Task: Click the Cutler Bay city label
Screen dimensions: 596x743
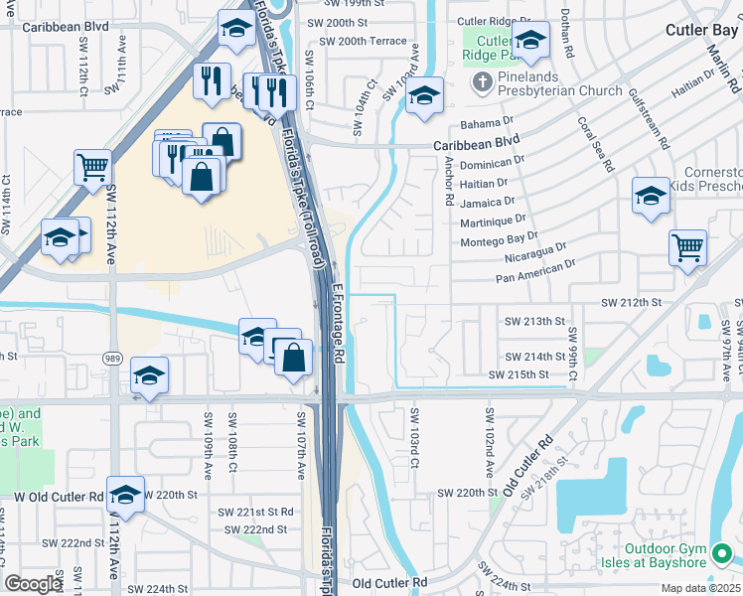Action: (702, 30)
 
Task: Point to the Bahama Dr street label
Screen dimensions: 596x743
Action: (488, 126)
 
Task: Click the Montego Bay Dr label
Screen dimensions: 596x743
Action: (501, 240)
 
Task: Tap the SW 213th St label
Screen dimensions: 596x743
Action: (534, 321)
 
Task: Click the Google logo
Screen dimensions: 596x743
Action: (34, 584)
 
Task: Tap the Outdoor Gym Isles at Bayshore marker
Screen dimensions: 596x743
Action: (725, 552)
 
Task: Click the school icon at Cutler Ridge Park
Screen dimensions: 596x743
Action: (530, 40)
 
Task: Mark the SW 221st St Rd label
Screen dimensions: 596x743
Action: (256, 512)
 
